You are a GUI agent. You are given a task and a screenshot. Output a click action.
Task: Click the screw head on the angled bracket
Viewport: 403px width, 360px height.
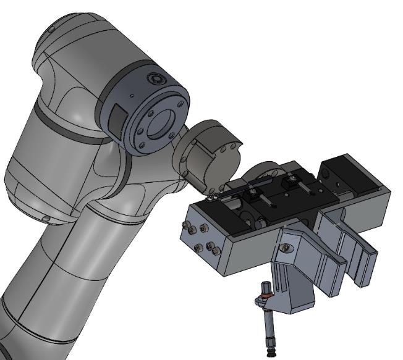point(285,247)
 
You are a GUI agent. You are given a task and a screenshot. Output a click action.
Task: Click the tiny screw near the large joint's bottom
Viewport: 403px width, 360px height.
point(45,219)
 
